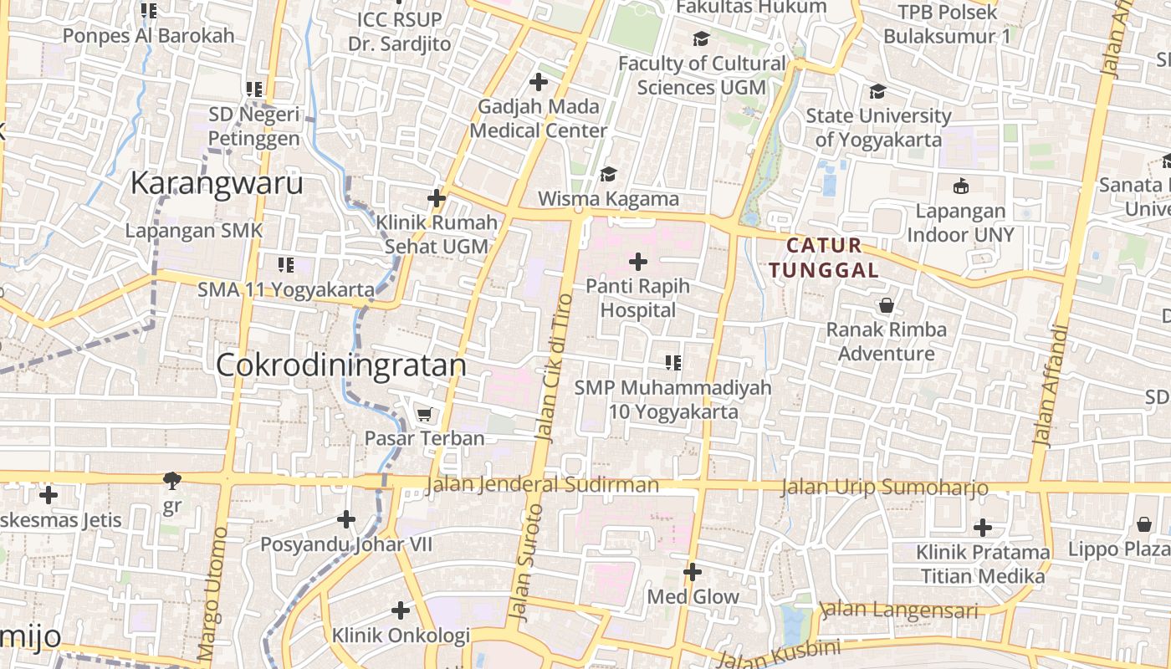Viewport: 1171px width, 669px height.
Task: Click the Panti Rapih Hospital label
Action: coord(637,298)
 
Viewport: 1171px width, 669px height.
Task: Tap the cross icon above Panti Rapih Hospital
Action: coord(638,262)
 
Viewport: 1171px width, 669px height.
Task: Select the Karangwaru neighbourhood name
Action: coord(217,184)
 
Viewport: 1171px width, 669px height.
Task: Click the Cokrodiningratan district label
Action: coord(341,365)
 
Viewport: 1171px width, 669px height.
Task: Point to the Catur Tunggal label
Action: coord(824,258)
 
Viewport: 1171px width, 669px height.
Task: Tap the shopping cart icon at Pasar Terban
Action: coord(425,414)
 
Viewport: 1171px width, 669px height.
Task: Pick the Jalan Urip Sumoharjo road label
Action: coord(884,488)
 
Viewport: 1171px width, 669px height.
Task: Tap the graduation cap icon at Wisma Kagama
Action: coord(608,174)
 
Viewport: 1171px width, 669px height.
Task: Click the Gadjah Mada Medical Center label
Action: coord(539,119)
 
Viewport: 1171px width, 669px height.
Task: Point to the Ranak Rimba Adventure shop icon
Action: coord(886,305)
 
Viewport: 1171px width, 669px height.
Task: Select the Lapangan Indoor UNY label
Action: coord(960,222)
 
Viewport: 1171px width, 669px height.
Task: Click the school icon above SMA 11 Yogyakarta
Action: coord(286,265)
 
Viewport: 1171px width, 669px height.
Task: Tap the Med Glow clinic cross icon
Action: coord(693,572)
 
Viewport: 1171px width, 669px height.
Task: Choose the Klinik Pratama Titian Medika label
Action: coord(983,564)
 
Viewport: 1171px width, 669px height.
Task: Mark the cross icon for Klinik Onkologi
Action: coord(401,610)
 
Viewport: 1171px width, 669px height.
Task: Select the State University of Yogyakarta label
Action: coord(878,127)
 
